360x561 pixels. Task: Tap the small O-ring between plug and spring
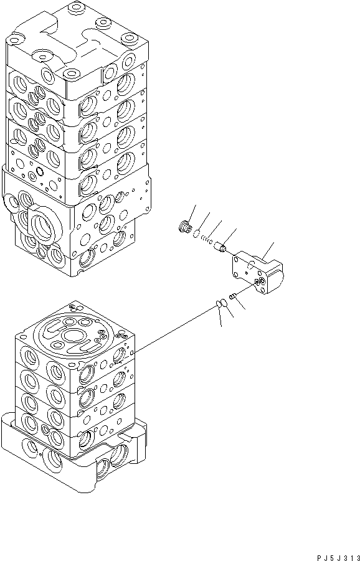[196, 235]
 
